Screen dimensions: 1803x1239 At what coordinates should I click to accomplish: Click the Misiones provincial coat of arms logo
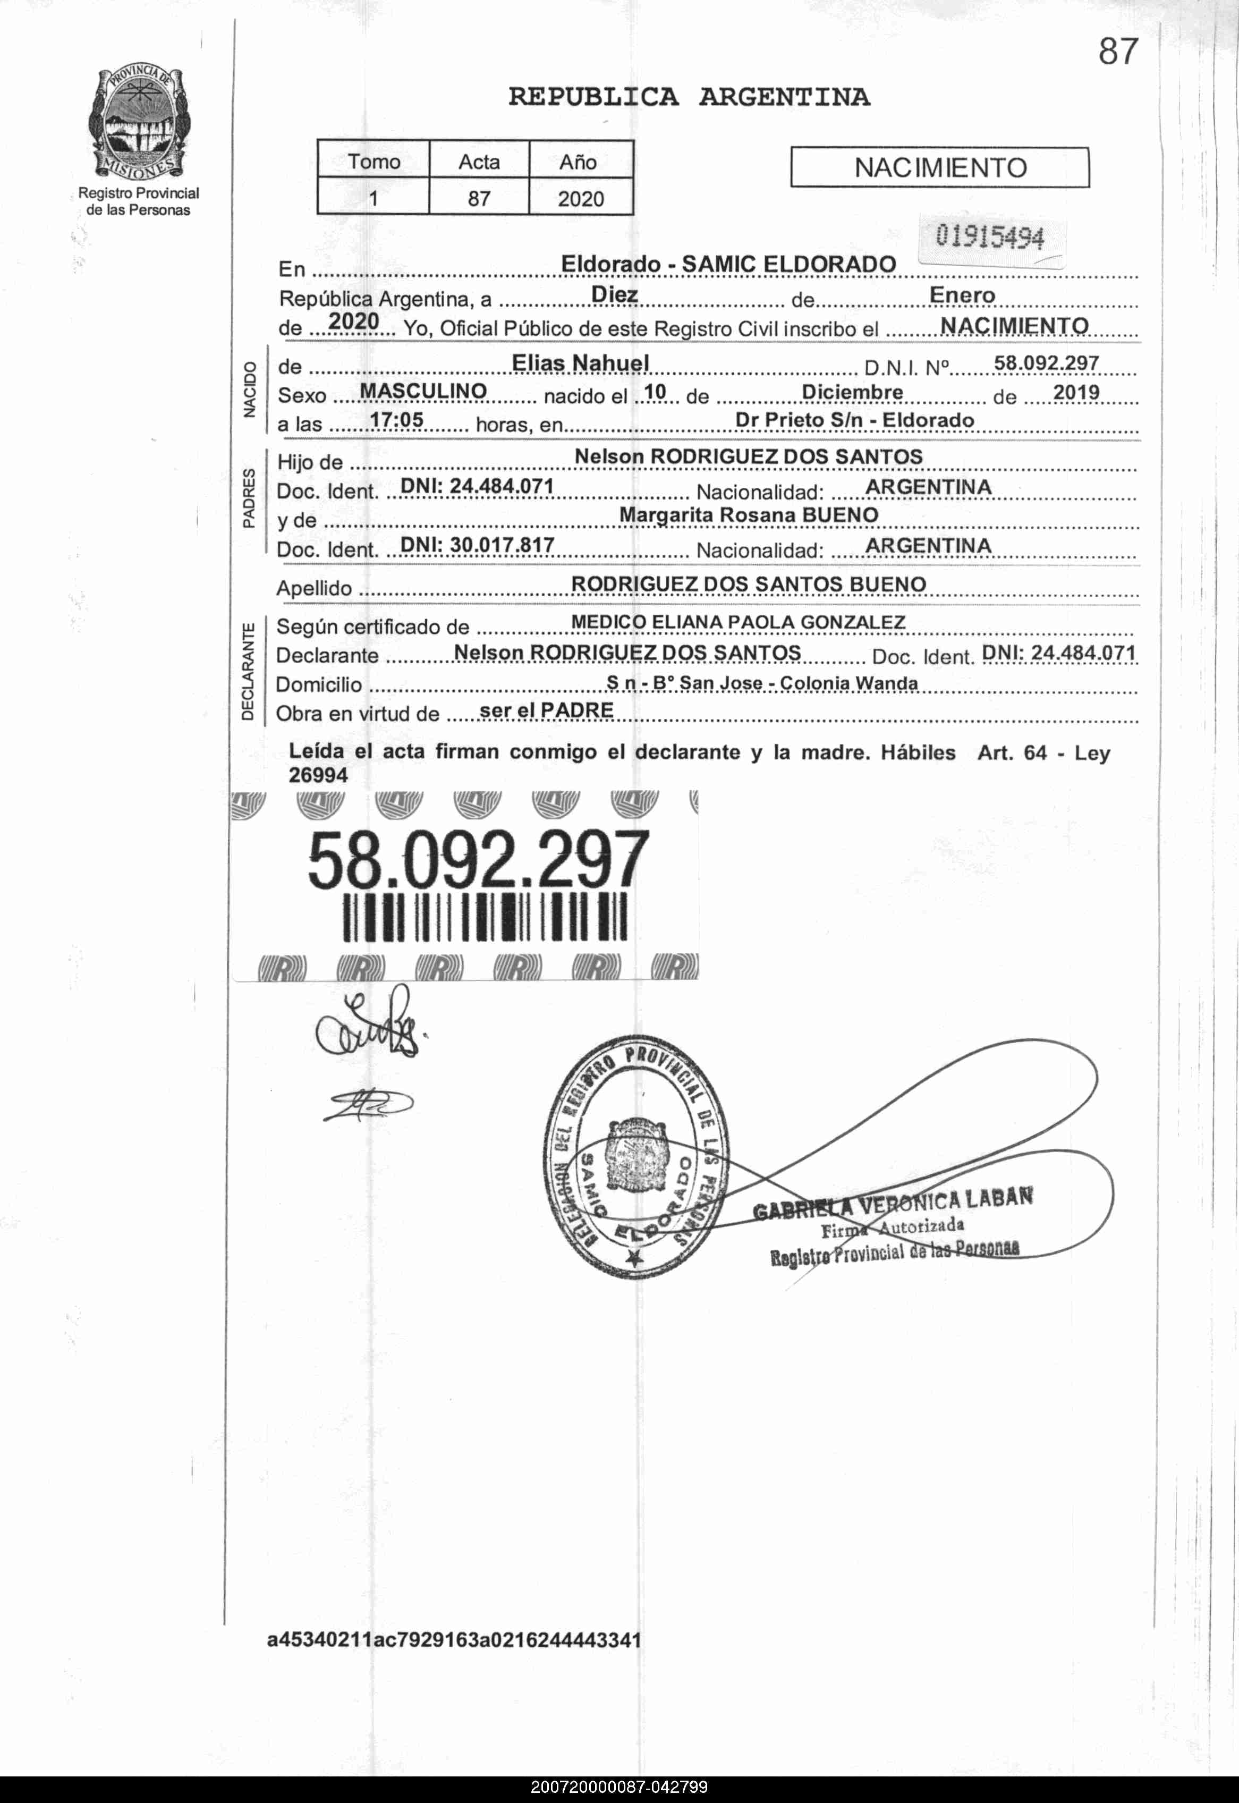138,123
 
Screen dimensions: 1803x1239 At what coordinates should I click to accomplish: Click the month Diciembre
852,392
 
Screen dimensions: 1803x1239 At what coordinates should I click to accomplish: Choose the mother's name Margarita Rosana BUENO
749,515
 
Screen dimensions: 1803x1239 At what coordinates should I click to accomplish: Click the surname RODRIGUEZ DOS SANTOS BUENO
749,584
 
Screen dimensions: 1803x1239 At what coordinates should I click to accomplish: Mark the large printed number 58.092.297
478,860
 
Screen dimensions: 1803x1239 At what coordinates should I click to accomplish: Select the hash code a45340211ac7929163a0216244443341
454,1640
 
